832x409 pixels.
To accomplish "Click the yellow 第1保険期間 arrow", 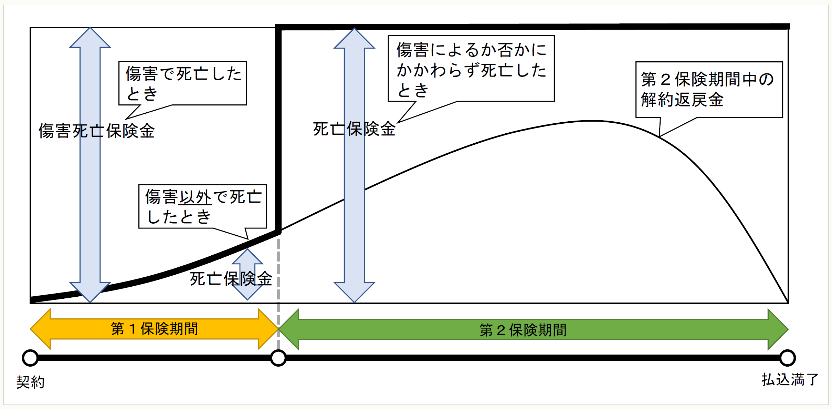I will click(154, 329).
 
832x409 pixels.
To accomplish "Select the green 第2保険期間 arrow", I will click(533, 330).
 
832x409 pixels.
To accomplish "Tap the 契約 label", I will click(30, 382).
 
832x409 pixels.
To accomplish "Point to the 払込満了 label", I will click(790, 380).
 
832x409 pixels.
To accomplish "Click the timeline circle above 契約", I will click(30, 358).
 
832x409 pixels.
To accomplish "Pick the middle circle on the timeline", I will click(278, 358).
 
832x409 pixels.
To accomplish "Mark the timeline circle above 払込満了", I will click(788, 358).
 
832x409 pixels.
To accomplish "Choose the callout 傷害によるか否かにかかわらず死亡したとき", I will click(471, 69).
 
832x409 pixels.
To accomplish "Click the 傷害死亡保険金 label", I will click(96, 131).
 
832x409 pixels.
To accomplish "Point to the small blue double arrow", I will click(247, 274).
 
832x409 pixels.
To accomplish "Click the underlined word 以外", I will click(195, 197).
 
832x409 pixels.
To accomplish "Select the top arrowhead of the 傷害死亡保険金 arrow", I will click(90, 38).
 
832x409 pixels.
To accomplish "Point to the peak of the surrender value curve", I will click(590, 121).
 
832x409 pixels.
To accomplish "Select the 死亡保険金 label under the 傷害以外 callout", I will click(231, 279).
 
